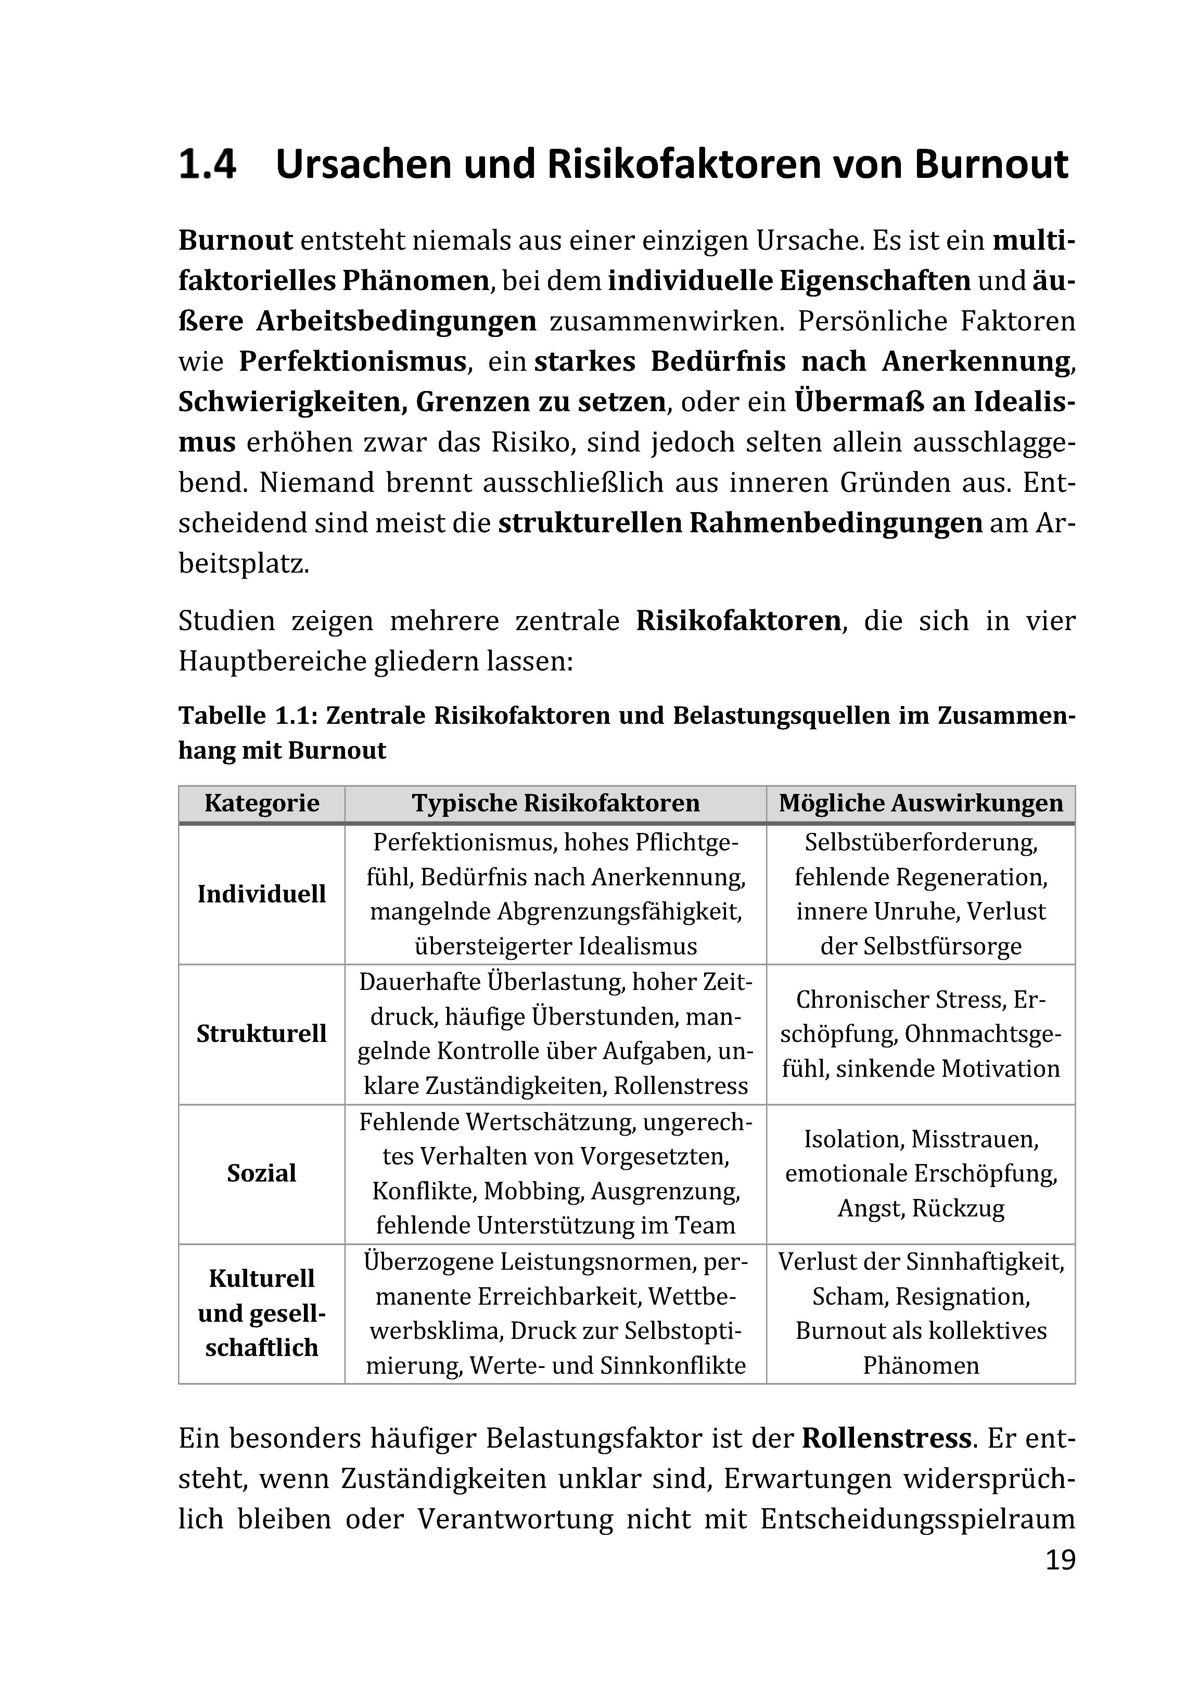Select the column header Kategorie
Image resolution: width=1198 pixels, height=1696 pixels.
coord(262,803)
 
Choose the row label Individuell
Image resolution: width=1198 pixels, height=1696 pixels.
coord(262,894)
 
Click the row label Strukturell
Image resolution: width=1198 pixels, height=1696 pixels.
coord(262,1033)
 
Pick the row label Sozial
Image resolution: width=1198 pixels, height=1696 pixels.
coord(262,1173)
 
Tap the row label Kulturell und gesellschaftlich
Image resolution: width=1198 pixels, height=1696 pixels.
coord(262,1313)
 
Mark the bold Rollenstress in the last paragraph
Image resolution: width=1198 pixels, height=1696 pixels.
coord(886,1439)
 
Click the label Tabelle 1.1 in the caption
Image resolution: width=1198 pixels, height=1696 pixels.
coord(247,716)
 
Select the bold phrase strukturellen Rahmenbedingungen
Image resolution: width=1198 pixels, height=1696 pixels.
coord(740,523)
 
